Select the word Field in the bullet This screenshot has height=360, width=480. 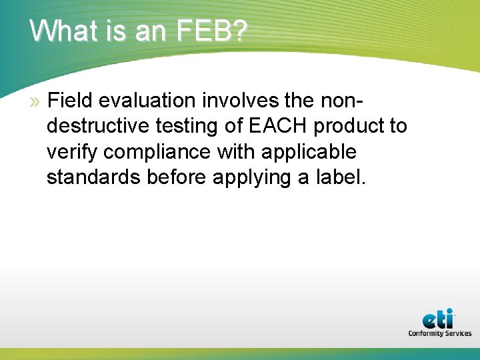[x=71, y=101]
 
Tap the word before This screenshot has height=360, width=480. [x=171, y=177]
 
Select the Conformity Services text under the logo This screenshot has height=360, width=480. [x=439, y=333]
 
